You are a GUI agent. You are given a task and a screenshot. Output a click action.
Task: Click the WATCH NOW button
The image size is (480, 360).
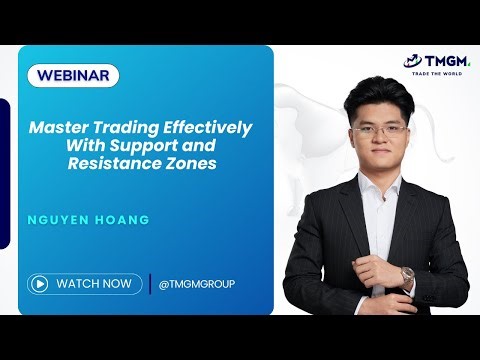coord(84,283)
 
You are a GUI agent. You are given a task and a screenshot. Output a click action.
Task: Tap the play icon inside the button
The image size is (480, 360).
coord(40,283)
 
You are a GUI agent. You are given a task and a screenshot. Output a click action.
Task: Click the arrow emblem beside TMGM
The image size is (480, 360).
coord(412,61)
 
